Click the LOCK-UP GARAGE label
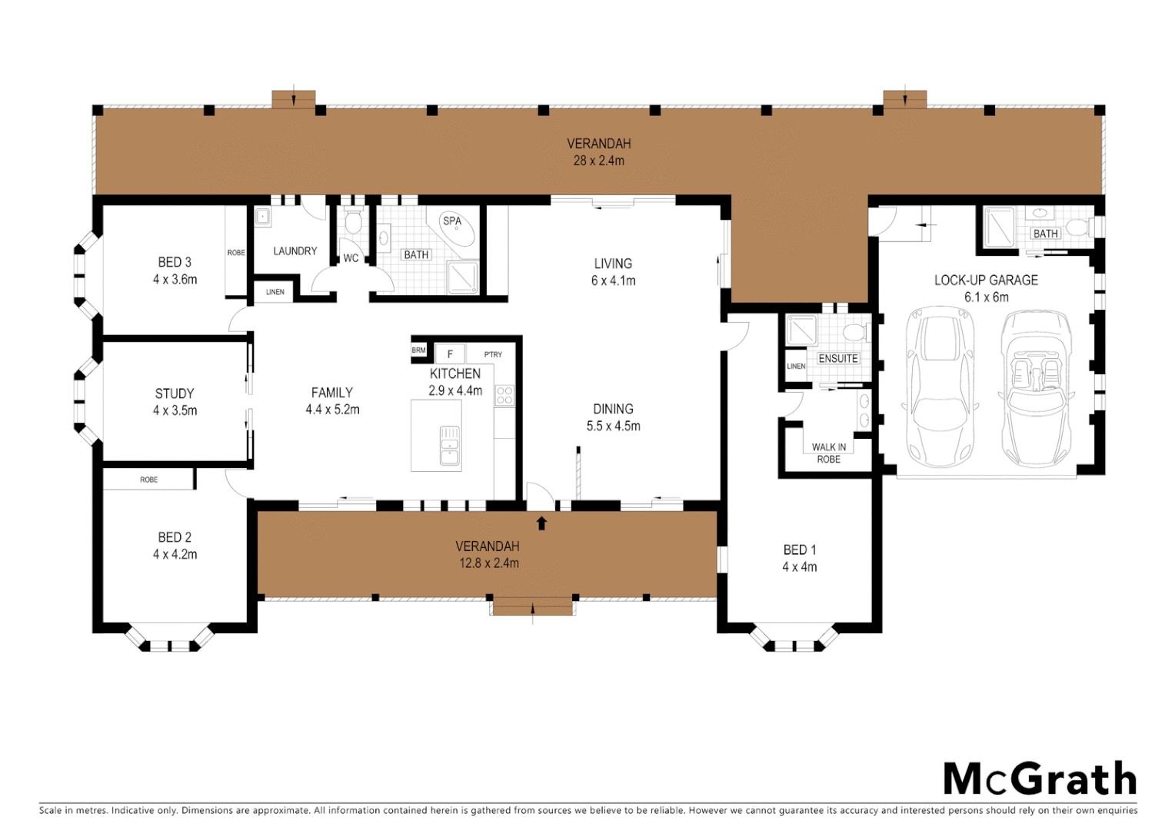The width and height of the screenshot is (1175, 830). (x=986, y=281)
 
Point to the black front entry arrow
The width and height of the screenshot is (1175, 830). (x=541, y=523)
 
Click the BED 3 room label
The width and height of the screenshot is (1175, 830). (x=175, y=263)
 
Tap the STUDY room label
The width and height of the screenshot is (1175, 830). (x=175, y=393)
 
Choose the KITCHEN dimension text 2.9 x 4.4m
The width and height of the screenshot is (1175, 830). (x=455, y=390)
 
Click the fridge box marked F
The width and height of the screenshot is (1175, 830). (x=450, y=354)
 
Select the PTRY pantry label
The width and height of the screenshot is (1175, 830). (x=493, y=354)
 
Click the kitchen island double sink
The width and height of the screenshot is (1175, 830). (x=450, y=446)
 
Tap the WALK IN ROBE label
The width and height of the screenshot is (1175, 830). (x=828, y=453)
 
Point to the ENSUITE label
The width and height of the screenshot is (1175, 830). (x=837, y=359)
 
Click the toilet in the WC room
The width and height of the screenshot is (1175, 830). (x=353, y=223)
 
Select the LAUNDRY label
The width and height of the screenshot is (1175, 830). (x=295, y=251)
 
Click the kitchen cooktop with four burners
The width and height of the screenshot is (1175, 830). (x=504, y=396)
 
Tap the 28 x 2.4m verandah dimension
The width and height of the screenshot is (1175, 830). (x=598, y=161)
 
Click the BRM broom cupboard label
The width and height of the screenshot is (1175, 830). (x=418, y=350)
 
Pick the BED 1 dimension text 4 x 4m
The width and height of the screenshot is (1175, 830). (x=799, y=567)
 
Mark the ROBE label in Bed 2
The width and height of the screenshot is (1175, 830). (x=148, y=480)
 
